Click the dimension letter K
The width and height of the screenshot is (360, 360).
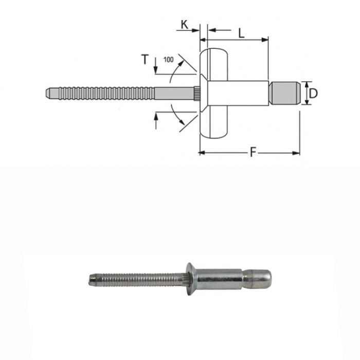pyautogui.click(x=184, y=24)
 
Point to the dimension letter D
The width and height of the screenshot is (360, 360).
pyautogui.click(x=313, y=93)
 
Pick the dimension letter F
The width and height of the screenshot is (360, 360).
pyautogui.click(x=253, y=153)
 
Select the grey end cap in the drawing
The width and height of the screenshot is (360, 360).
pyautogui.click(x=284, y=93)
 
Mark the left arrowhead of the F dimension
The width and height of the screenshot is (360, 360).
pyautogui.click(x=202, y=153)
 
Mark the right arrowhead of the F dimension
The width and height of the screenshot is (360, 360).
pyautogui.click(x=297, y=153)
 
